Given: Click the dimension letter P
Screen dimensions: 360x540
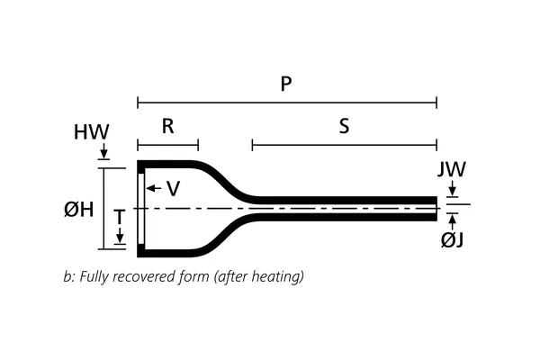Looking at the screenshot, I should [286, 84].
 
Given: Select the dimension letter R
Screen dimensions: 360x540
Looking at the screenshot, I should [167, 126].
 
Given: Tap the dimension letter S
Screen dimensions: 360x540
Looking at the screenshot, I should [344, 126].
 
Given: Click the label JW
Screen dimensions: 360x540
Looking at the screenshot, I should [452, 169].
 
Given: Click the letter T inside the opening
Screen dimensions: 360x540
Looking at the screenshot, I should [119, 218].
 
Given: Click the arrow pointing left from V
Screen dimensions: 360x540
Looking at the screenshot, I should [151, 188].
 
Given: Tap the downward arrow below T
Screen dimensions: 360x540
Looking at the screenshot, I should [120, 238].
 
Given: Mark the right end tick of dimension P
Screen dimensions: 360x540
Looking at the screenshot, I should [436, 102].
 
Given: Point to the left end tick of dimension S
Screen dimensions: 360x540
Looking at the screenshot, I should [252, 144].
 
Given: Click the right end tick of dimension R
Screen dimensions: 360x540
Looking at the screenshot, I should [198, 144].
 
